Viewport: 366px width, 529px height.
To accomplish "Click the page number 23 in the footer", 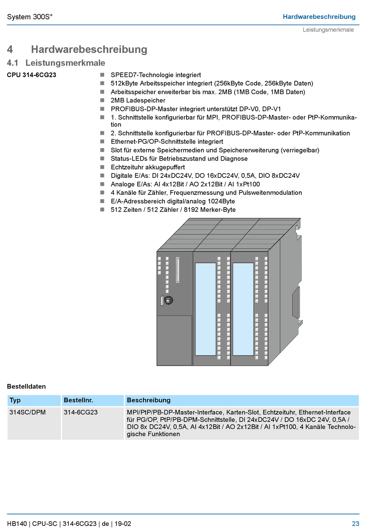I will pyautogui.click(x=355, y=524).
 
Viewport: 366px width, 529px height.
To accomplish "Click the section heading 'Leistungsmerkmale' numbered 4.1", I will pyautogui.click(x=65, y=63).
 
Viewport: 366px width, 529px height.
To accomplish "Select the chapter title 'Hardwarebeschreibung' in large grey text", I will pyautogui.click(x=89, y=49).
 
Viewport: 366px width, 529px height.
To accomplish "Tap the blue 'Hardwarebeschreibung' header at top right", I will pyautogui.click(x=319, y=17).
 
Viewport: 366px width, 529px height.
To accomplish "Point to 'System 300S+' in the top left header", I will pyautogui.click(x=30, y=17).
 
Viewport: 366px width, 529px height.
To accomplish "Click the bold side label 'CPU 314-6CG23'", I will pyautogui.click(x=32, y=75).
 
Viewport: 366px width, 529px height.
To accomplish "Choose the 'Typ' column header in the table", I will pyautogui.click(x=15, y=400).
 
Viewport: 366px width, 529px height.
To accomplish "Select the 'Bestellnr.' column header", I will pyautogui.click(x=79, y=400).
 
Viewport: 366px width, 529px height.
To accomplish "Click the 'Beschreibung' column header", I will pyautogui.click(x=149, y=400).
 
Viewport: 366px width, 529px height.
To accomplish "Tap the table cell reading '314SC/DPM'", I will pyautogui.click(x=28, y=412).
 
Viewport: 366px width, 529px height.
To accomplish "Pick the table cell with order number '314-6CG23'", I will pyautogui.click(x=81, y=412).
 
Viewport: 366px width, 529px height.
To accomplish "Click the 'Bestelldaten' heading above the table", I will pyautogui.click(x=26, y=387).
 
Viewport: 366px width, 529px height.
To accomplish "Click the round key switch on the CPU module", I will pyautogui.click(x=168, y=300).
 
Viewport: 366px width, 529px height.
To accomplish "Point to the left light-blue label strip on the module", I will pyautogui.click(x=205, y=309).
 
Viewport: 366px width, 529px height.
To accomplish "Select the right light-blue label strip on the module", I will pyautogui.click(x=243, y=309).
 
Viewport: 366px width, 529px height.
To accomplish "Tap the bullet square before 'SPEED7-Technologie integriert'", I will pyautogui.click(x=102, y=75).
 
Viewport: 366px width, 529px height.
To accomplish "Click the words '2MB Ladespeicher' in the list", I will pyautogui.click(x=138, y=100).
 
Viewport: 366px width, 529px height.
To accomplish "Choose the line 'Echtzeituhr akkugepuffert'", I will pyautogui.click(x=148, y=167).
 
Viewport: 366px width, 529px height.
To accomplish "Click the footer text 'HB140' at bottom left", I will pyautogui.click(x=17, y=524).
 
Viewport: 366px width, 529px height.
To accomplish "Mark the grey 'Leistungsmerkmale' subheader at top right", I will pyautogui.click(x=328, y=30).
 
